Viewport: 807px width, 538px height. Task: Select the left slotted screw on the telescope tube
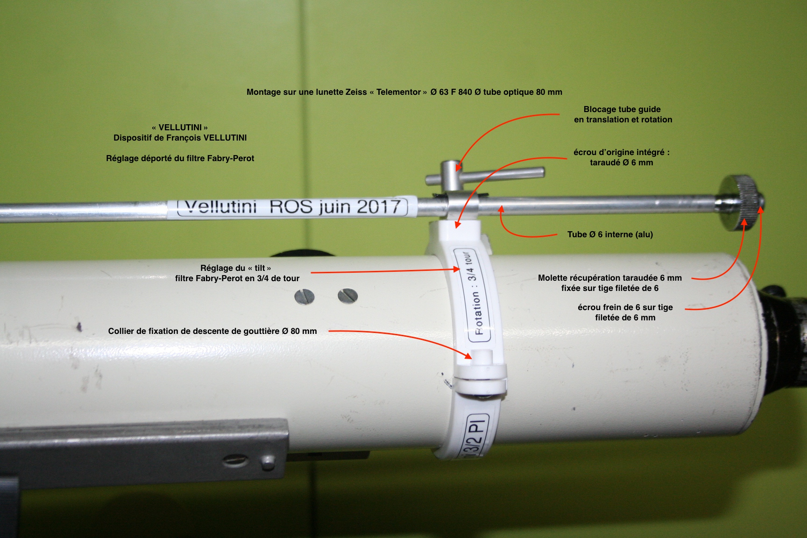coord(304,297)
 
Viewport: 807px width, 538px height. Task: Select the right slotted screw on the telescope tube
coord(347,295)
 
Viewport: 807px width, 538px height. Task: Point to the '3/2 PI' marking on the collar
coord(475,437)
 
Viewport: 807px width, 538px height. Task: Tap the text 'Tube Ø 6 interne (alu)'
coord(610,234)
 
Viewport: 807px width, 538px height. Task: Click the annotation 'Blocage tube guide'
coord(622,109)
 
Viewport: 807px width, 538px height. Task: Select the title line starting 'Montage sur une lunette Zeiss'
coord(404,92)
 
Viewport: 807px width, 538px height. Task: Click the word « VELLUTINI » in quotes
coord(180,127)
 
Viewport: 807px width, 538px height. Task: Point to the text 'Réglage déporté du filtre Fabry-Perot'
coord(180,158)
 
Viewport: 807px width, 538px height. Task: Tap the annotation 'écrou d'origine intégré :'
coord(622,152)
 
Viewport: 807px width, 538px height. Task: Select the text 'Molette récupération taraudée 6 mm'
coord(610,278)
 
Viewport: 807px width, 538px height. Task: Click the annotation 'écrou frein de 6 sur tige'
coord(625,307)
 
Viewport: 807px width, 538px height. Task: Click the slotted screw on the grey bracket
coord(235,461)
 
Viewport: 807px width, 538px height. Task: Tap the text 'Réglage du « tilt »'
coord(236,268)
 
